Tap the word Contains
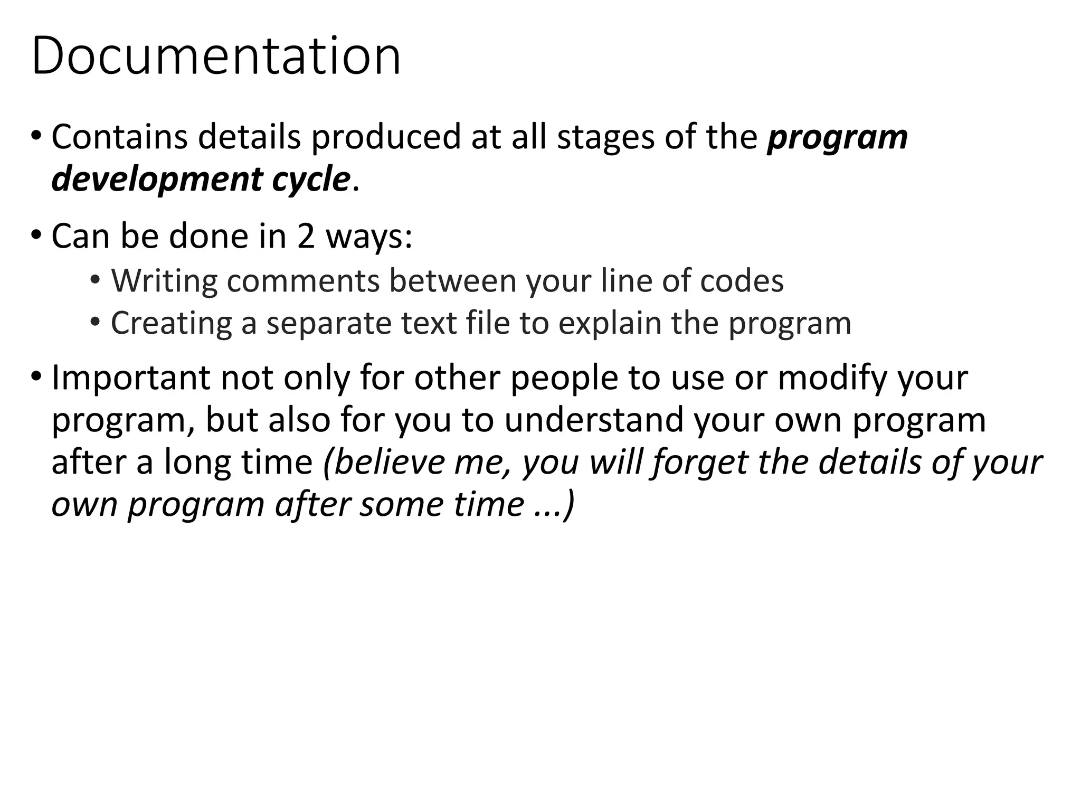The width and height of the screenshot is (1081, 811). (x=119, y=136)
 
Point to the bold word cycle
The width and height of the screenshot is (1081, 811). (x=311, y=180)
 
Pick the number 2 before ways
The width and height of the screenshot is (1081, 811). (x=306, y=236)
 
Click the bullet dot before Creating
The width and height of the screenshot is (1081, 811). (x=95, y=320)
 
